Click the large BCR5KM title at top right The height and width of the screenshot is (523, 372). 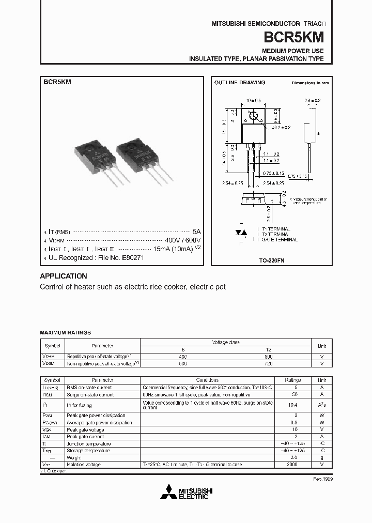295,37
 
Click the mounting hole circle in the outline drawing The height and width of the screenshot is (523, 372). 253,116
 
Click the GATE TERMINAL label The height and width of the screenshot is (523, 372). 280,240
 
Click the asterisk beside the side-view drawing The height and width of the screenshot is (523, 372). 318,134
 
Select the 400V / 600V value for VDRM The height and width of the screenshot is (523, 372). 182,240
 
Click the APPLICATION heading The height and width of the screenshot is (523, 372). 64,276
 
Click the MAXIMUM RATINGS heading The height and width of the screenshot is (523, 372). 66,333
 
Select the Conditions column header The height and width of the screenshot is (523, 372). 207,379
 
